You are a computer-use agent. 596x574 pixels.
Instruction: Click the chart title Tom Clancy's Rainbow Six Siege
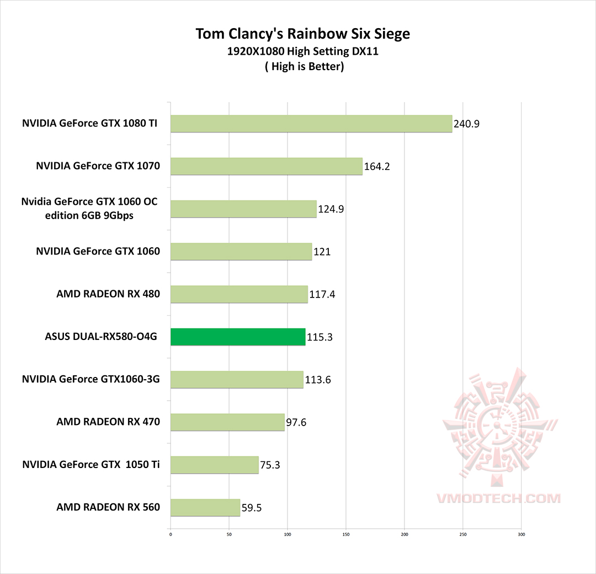point(303,34)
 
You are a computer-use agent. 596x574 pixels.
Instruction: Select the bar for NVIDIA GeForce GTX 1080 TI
point(311,124)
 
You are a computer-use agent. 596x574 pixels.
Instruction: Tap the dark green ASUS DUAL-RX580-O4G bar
point(238,337)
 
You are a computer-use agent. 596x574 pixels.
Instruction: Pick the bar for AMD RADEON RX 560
point(205,507)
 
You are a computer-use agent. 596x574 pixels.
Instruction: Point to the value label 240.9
point(466,124)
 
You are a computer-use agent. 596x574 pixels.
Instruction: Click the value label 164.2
point(377,167)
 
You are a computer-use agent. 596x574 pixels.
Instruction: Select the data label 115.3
point(320,337)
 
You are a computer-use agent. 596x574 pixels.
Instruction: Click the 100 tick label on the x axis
point(288,534)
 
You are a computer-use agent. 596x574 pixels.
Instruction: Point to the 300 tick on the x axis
point(521,534)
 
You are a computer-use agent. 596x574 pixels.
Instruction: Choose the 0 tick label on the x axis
point(171,534)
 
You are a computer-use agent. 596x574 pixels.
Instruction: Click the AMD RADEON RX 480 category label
point(108,294)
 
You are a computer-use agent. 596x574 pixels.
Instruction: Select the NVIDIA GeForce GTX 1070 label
point(98,166)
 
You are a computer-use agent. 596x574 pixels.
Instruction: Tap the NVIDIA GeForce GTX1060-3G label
point(91,379)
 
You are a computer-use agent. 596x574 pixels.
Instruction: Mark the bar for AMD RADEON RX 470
point(227,422)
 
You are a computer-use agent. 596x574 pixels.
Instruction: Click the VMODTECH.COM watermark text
point(498,498)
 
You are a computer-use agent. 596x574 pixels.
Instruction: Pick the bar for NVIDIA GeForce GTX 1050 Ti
point(215,465)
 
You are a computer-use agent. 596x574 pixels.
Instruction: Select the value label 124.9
point(331,209)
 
